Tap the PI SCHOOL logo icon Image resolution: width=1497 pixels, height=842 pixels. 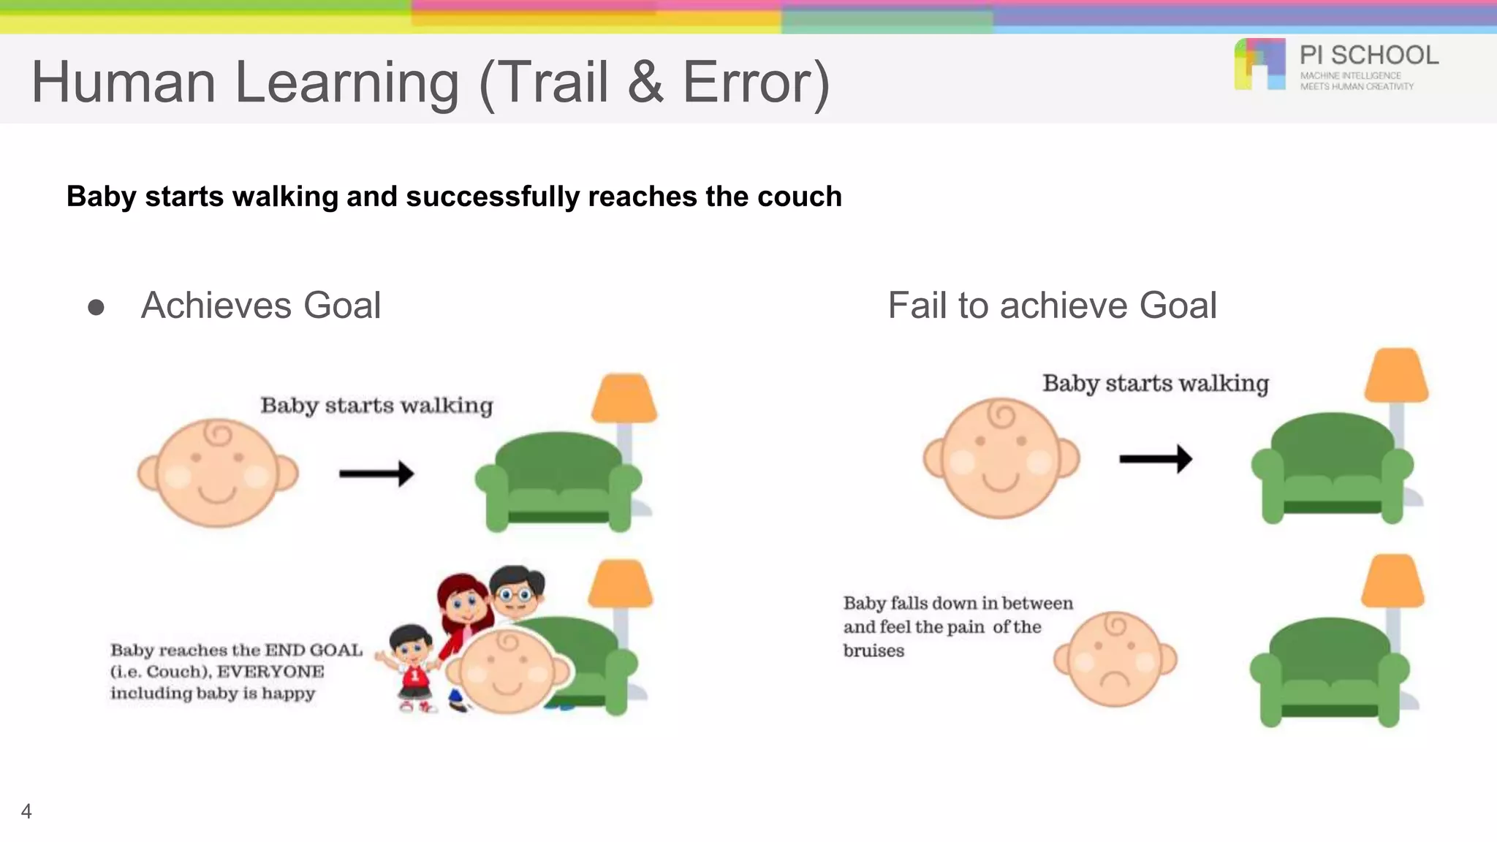click(1259, 64)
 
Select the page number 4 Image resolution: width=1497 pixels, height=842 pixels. click(26, 811)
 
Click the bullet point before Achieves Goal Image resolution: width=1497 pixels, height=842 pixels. click(96, 307)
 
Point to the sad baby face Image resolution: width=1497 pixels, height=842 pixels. click(1115, 659)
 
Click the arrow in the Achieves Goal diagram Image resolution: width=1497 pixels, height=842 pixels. click(376, 474)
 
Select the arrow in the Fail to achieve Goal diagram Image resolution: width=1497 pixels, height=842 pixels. click(1156, 459)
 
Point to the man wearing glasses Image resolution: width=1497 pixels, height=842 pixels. click(517, 589)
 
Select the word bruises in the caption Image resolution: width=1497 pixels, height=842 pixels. click(873, 651)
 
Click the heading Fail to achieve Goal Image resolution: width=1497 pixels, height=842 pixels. click(1052, 306)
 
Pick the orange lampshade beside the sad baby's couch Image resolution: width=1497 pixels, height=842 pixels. click(1392, 580)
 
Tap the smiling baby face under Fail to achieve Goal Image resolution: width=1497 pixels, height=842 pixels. click(1001, 459)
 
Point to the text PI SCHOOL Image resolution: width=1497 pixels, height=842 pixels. click(1368, 56)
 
